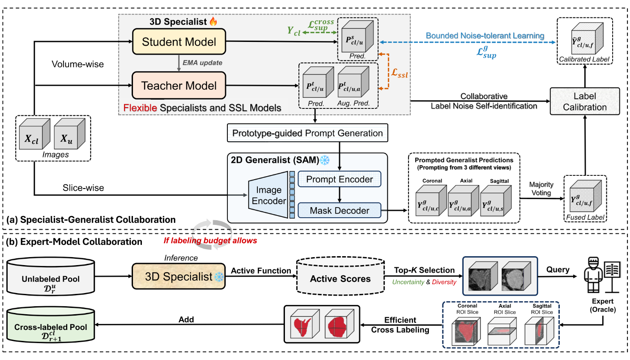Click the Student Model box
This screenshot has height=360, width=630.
point(179,42)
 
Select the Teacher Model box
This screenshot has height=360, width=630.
point(179,86)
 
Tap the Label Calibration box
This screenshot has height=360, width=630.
point(585,102)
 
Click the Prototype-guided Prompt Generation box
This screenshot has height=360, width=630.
point(307,133)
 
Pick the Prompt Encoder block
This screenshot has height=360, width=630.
point(340,179)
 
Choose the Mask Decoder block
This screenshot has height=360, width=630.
point(340,210)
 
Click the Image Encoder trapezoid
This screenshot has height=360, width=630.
point(268,195)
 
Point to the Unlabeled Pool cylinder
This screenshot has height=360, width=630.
point(51,277)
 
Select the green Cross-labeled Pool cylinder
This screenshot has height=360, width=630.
point(51,325)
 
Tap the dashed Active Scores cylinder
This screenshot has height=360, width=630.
point(340,276)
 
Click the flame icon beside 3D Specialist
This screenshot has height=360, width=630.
point(213,21)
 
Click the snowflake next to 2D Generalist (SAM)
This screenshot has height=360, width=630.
point(325,160)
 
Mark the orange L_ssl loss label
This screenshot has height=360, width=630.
point(399,73)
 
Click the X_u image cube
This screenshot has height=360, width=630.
point(69,133)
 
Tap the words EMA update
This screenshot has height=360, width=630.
point(202,63)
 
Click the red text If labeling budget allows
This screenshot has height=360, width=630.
point(210,241)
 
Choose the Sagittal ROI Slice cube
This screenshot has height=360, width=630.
point(539,331)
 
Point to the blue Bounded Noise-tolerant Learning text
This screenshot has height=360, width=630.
point(485,36)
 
